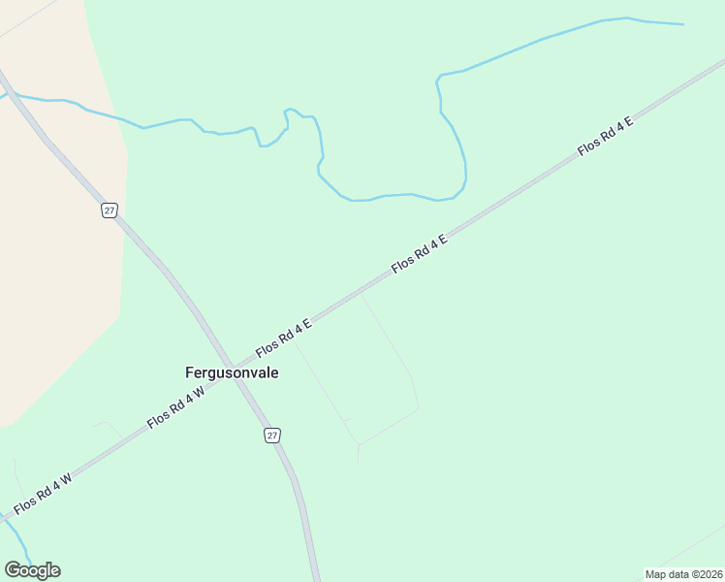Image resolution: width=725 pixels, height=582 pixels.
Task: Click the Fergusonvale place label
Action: coord(232,372)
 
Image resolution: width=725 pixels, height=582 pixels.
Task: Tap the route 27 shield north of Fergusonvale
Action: coord(110,210)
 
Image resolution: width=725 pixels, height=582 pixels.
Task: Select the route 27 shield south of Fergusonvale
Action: coord(272,436)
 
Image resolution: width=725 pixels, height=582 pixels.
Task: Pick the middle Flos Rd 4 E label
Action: coord(419,253)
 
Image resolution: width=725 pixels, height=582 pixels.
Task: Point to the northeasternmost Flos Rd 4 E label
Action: coord(605,136)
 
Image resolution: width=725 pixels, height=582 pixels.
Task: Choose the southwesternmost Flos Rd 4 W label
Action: coord(43,494)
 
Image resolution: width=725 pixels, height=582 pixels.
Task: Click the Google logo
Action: coord(32,569)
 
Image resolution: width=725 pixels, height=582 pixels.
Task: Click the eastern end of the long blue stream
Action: coord(681,24)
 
